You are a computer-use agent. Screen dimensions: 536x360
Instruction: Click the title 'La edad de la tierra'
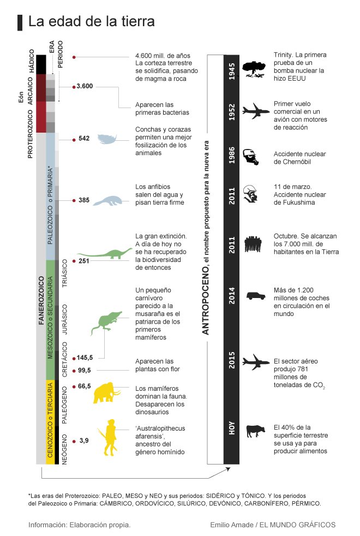pos(92,21)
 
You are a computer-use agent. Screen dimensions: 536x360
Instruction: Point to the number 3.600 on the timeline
pos(85,86)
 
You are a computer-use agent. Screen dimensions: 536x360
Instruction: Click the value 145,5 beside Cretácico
pos(85,358)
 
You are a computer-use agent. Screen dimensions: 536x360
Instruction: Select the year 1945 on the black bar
pos(232,72)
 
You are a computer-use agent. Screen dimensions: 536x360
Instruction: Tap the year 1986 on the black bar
pos(232,156)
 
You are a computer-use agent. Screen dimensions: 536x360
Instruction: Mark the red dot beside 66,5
pos(74,386)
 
